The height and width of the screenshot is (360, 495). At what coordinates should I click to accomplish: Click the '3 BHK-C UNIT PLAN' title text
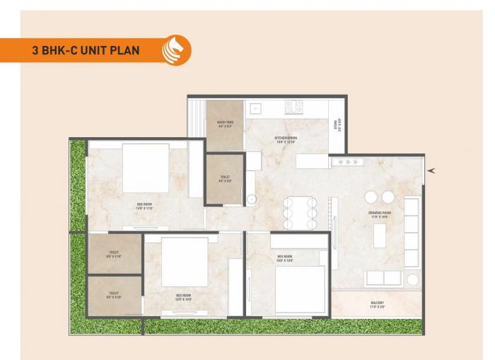pyautogui.click(x=86, y=50)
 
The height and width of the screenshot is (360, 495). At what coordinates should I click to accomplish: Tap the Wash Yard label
pyautogui.click(x=225, y=125)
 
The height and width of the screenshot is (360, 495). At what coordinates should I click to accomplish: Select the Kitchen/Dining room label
pyautogui.click(x=286, y=139)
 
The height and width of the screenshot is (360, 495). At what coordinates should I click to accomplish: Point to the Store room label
pyautogui.click(x=338, y=125)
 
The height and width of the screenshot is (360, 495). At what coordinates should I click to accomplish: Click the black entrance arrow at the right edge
pyautogui.click(x=431, y=170)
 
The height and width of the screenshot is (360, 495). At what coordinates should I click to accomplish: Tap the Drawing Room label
pyautogui.click(x=378, y=215)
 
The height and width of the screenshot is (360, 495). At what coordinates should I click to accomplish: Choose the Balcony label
pyautogui.click(x=377, y=304)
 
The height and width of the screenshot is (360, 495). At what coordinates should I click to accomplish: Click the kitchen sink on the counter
pyautogui.click(x=255, y=109)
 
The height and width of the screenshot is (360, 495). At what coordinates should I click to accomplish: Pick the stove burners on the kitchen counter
pyautogui.click(x=294, y=107)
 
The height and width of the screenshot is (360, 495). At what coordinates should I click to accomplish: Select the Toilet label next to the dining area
pyautogui.click(x=225, y=179)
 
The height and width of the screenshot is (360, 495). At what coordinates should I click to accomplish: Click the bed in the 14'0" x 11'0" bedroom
pyautogui.click(x=146, y=168)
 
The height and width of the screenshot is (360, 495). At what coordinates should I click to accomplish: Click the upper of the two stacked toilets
pyautogui.click(x=114, y=254)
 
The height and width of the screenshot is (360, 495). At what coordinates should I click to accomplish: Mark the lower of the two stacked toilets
pyautogui.click(x=114, y=295)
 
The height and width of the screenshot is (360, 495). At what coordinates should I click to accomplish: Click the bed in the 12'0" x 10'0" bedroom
pyautogui.click(x=185, y=262)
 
